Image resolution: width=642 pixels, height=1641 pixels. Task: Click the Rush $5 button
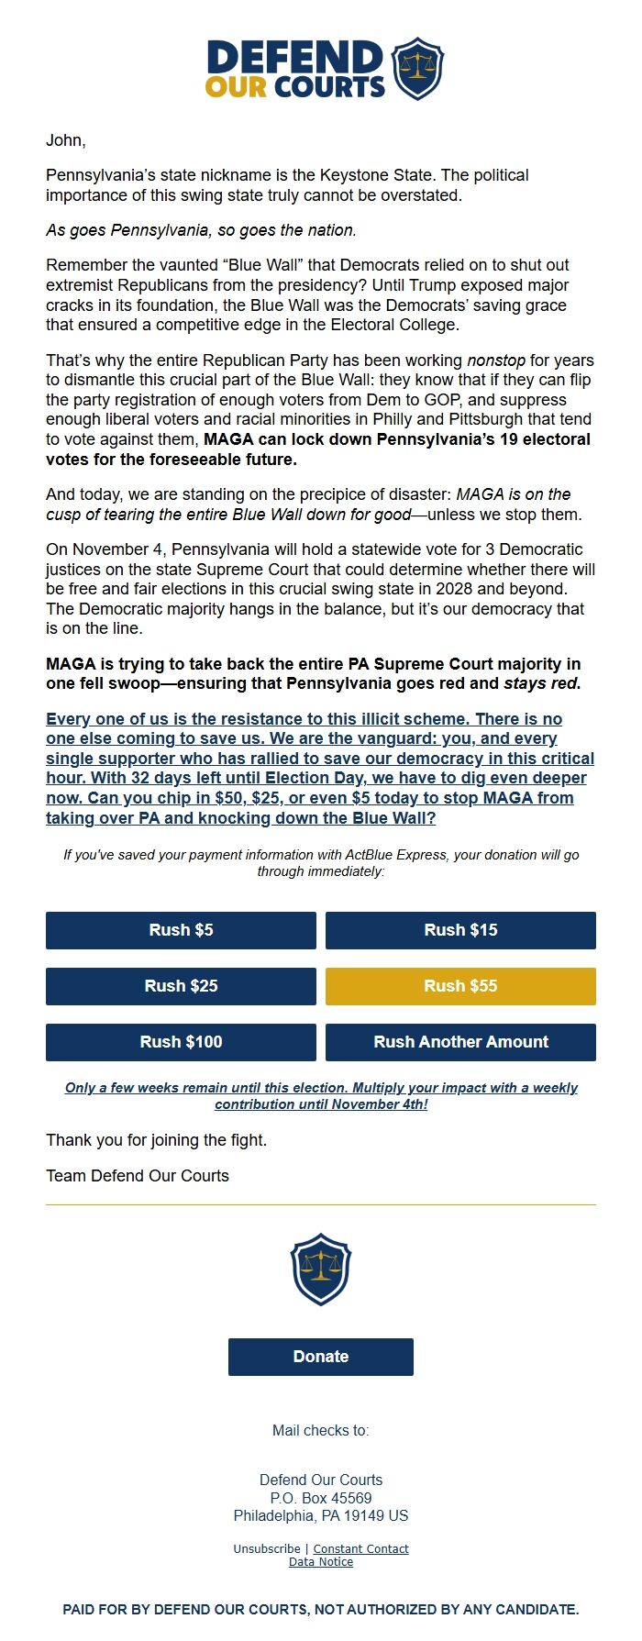coord(181,930)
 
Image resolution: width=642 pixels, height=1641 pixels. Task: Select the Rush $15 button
coord(460,930)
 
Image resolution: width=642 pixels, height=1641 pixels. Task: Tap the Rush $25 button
coord(181,986)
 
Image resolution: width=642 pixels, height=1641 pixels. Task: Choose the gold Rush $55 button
coord(460,986)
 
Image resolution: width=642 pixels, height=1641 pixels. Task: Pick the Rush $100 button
coord(181,1042)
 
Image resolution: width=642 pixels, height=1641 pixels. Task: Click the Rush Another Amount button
coord(460,1042)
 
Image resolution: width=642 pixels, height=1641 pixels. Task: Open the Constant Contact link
coord(361,1549)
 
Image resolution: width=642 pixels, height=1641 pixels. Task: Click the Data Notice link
coord(321,1562)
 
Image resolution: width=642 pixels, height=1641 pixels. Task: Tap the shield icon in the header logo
coord(417,68)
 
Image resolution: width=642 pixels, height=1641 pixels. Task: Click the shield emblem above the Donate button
coord(321,1269)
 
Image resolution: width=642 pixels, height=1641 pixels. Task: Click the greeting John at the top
coord(65,140)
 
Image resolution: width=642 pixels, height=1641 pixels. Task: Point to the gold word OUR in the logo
coord(236,87)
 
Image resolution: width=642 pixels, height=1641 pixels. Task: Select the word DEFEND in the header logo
coord(294,57)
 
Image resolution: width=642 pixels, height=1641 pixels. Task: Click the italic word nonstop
coord(496,360)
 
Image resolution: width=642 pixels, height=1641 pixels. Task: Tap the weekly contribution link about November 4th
coord(321,1096)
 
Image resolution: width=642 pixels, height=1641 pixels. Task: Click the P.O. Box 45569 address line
coord(321,1498)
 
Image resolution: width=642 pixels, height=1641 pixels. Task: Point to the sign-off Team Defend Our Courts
coord(138,1176)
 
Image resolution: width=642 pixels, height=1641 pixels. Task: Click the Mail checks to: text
coord(321,1431)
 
